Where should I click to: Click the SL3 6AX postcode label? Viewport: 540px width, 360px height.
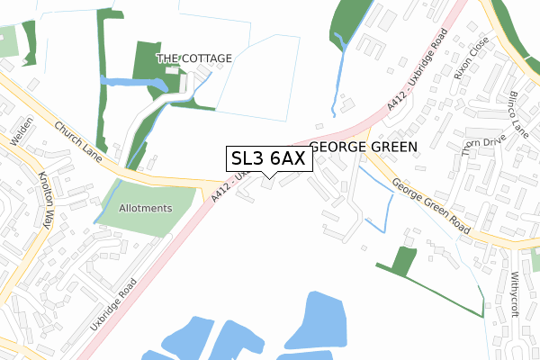pyautogui.click(x=268, y=158)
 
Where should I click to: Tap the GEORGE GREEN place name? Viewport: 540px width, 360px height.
pyautogui.click(x=364, y=147)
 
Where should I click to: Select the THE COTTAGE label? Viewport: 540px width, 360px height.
pyautogui.click(x=194, y=58)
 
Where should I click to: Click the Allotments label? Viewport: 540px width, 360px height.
pyautogui.click(x=145, y=208)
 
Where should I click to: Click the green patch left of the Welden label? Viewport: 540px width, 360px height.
pyautogui.click(x=6, y=41)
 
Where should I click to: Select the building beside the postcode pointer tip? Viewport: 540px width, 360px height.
pyautogui.click(x=269, y=185)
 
